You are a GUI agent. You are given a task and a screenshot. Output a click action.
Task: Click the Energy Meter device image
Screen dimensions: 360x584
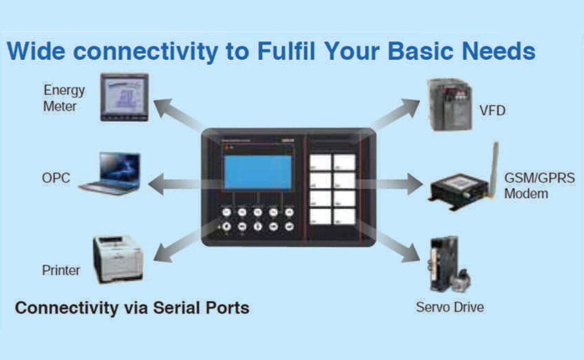(x=124, y=97)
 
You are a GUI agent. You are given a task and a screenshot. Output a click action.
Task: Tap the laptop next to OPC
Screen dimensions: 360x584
(x=111, y=173)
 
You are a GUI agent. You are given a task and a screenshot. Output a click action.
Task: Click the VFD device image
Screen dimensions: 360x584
(x=450, y=104)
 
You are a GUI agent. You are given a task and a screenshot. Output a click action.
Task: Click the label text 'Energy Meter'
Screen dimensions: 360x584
(x=64, y=98)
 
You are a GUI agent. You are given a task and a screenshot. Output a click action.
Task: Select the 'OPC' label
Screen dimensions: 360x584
(x=56, y=178)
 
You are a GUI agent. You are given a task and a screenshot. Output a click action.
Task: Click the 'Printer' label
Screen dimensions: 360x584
(x=61, y=270)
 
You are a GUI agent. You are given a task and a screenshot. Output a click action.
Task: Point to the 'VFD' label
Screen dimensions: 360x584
(x=492, y=110)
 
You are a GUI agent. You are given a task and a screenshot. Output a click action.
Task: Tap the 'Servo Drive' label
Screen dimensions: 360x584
(x=449, y=308)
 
